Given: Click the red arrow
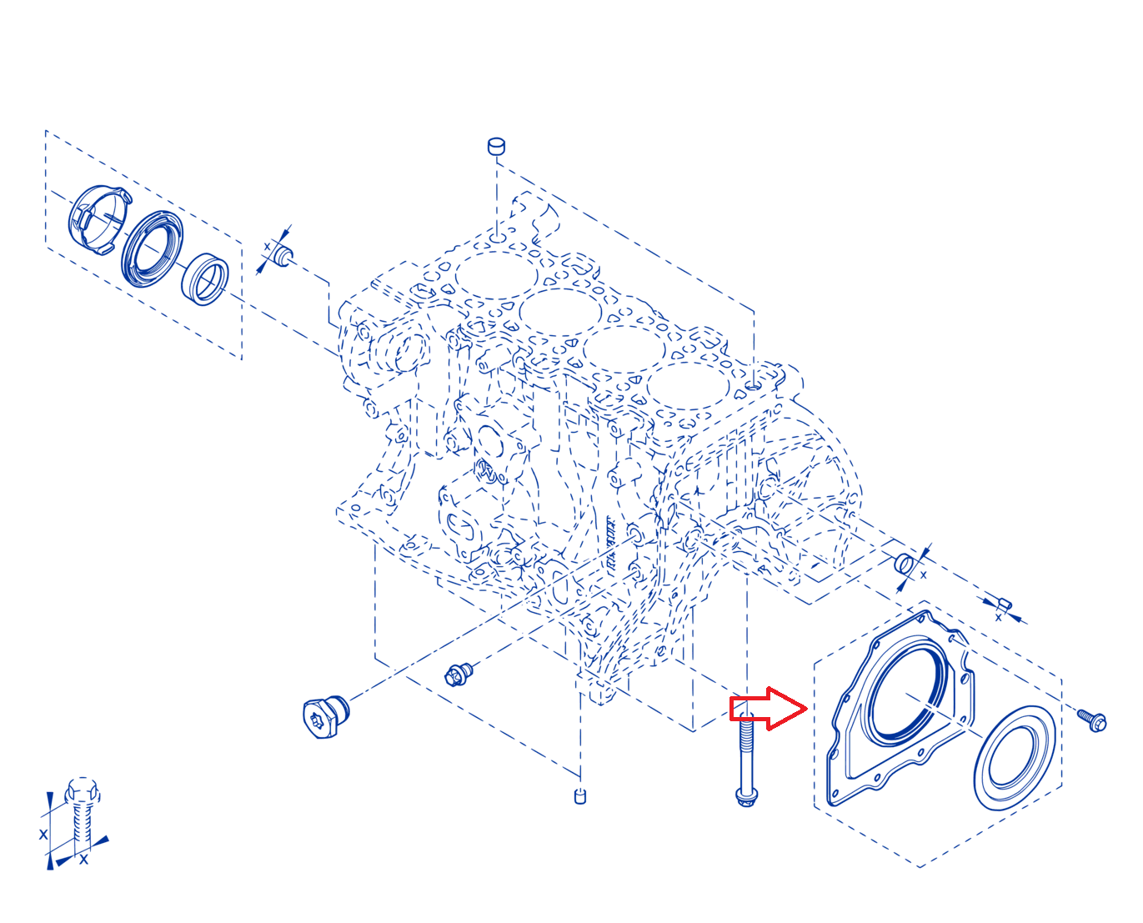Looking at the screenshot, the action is tap(769, 708).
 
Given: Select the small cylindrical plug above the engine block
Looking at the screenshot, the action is tap(496, 146).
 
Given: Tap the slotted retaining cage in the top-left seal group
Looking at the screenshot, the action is tap(100, 219).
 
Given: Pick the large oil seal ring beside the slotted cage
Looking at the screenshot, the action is tap(152, 248).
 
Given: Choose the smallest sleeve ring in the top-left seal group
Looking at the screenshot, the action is tap(204, 279).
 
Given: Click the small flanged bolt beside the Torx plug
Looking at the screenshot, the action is tap(459, 674).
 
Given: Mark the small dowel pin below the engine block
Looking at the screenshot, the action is tap(579, 796).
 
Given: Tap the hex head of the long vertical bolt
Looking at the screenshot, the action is tap(746, 797).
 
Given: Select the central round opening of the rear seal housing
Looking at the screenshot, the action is tap(907, 696).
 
